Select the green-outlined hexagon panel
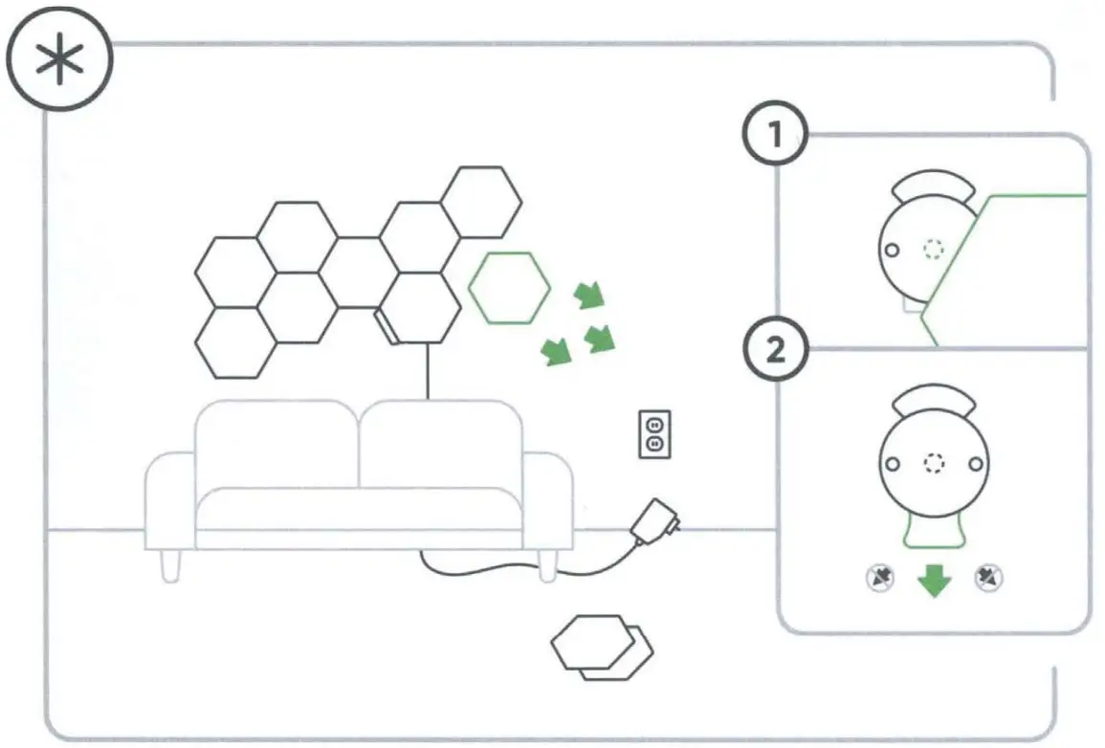tap(509, 287)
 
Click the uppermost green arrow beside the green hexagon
tap(589, 296)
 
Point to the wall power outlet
tap(654, 434)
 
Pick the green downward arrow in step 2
tap(934, 581)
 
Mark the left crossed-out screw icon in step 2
tap(880, 577)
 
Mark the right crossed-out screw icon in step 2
tap(988, 577)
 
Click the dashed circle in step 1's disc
tap(933, 250)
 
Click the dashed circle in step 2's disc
tap(934, 464)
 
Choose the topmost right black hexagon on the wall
tap(482, 201)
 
